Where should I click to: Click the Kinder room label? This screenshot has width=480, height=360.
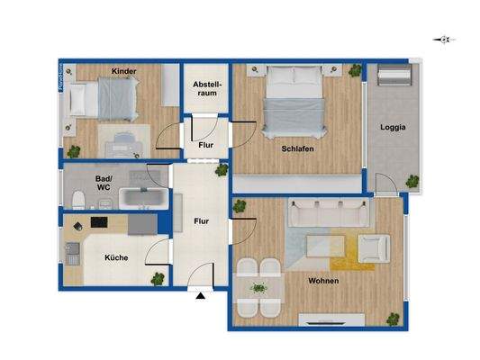[x=124, y=71]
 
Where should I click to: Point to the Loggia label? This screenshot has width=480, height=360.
[x=393, y=127]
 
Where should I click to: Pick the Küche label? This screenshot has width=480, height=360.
[x=116, y=257]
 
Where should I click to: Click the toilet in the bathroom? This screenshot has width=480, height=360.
[x=79, y=197]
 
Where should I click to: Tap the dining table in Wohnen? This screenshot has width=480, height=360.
[x=259, y=288]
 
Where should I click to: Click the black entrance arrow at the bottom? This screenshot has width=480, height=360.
[x=199, y=293]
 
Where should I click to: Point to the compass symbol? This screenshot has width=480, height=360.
[x=442, y=40]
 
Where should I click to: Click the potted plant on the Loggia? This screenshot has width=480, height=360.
[x=412, y=181]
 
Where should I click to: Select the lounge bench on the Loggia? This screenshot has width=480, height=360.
[x=393, y=83]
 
